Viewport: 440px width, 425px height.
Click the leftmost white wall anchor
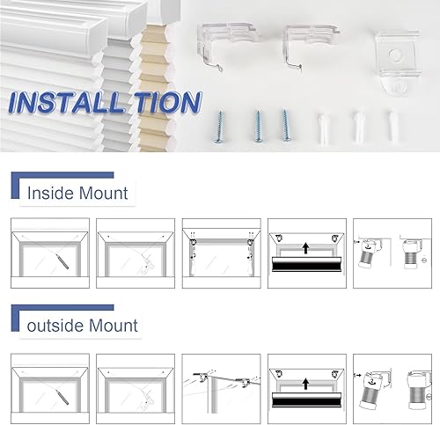[324, 124]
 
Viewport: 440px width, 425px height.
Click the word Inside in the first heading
[50, 192]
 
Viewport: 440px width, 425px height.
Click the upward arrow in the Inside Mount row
[304, 251]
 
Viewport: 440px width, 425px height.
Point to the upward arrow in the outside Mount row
[304, 385]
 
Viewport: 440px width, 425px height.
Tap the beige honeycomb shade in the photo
[159, 88]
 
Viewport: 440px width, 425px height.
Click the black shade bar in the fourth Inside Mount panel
[304, 266]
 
